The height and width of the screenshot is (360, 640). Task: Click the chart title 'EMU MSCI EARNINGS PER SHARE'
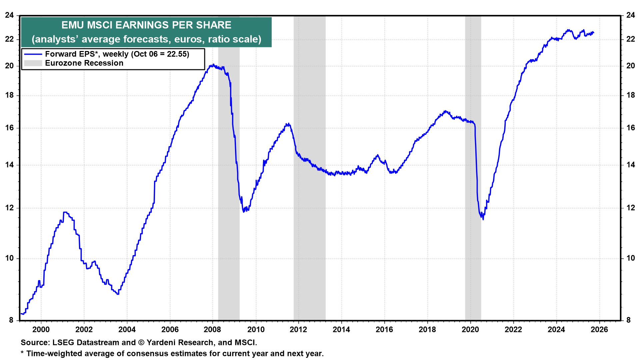point(146,25)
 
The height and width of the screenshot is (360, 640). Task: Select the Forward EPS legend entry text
point(117,54)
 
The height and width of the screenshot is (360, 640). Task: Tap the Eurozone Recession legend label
point(84,63)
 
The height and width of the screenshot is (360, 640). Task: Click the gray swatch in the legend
point(33,63)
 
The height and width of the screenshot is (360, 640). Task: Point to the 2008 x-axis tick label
point(213,330)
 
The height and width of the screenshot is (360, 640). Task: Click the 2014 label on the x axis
point(341,330)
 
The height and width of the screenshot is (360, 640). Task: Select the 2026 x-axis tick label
point(599,330)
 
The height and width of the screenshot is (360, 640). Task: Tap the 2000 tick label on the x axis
point(41,330)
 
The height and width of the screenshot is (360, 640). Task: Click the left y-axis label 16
point(9,128)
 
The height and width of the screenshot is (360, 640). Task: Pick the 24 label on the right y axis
point(630,15)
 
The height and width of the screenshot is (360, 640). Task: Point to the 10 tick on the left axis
point(9,258)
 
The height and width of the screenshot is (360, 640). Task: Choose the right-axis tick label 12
point(630,208)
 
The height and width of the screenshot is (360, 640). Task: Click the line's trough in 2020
point(483,219)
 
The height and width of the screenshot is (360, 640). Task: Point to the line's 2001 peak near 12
point(65,212)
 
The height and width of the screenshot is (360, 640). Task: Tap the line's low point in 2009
point(244,212)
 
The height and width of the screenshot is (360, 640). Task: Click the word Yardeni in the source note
point(162,343)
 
